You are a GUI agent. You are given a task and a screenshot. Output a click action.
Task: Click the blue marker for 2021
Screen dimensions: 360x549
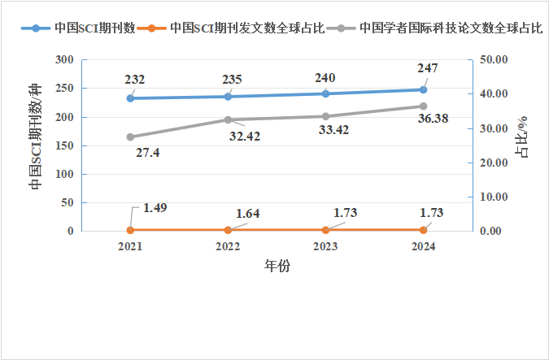tap(130, 98)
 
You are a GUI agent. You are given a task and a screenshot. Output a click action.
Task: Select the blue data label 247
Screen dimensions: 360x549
tap(427, 68)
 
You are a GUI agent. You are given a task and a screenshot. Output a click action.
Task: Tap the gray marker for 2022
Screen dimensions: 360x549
tap(228, 119)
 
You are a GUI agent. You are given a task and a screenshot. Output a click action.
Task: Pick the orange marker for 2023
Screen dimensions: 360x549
tap(325, 230)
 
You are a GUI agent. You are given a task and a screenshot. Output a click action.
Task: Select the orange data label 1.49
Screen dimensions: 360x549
tap(155, 207)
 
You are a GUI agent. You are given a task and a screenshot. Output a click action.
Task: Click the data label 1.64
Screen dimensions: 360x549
tap(248, 213)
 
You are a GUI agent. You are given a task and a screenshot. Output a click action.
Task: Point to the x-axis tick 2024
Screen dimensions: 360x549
tap(423, 246)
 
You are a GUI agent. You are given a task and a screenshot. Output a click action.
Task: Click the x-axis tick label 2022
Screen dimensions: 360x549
tap(228, 246)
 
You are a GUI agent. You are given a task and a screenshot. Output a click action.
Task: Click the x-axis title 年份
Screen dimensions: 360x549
tap(277, 266)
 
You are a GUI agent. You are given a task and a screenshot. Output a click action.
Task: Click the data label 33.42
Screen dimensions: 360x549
tap(335, 130)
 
